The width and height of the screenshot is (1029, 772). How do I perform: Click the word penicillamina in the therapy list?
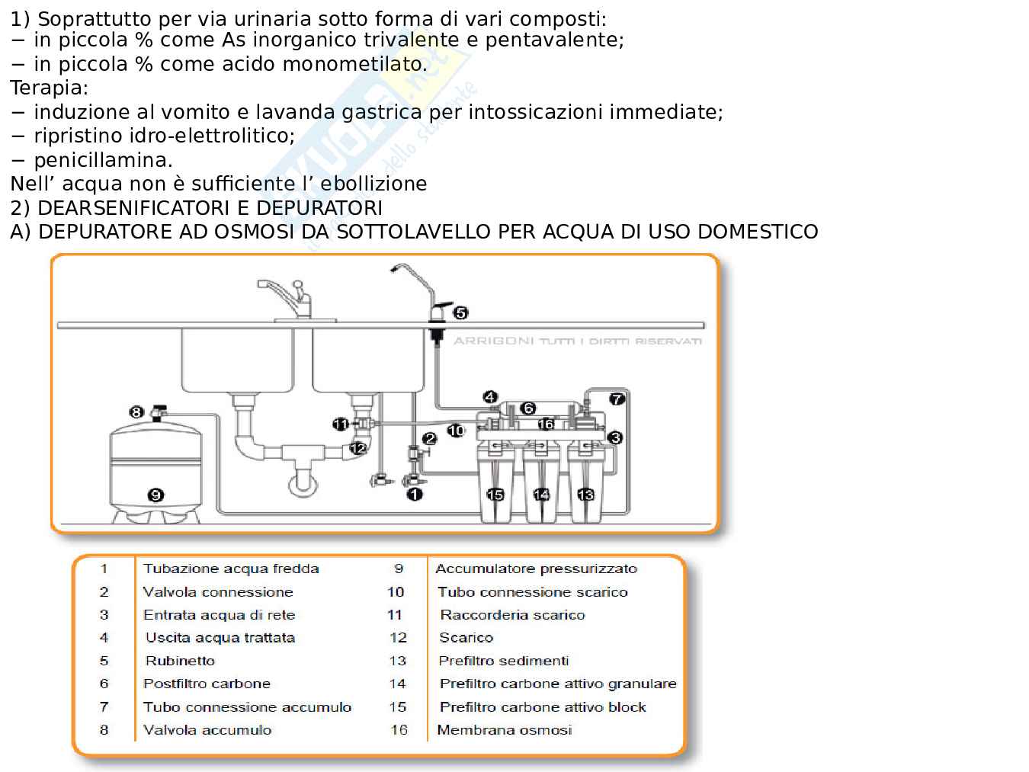coord(103,160)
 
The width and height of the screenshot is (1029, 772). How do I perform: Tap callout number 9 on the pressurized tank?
coord(155,495)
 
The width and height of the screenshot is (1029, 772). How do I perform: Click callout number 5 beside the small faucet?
coord(460,312)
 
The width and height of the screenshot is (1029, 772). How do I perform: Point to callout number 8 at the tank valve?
coord(136,412)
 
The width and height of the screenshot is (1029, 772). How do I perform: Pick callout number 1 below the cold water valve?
coord(415,495)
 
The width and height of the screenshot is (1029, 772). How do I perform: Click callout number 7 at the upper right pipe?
coord(617,399)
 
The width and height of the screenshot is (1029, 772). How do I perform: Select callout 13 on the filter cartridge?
coord(585,495)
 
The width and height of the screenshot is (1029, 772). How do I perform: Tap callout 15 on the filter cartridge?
coord(495,495)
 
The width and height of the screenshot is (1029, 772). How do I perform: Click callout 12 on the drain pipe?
coord(358,448)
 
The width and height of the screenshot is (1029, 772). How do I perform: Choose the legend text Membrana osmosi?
coord(504,730)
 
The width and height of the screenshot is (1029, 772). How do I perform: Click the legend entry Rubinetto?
coord(180,661)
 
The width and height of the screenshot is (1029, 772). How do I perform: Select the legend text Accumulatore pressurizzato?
coord(536,569)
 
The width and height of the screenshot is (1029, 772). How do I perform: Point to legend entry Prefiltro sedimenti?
coord(503,661)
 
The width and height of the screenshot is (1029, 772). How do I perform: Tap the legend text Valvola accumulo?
coord(207,730)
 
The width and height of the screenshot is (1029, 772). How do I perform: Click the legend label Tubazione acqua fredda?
coord(231,569)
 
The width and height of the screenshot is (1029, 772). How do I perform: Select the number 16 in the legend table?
coord(399,730)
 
